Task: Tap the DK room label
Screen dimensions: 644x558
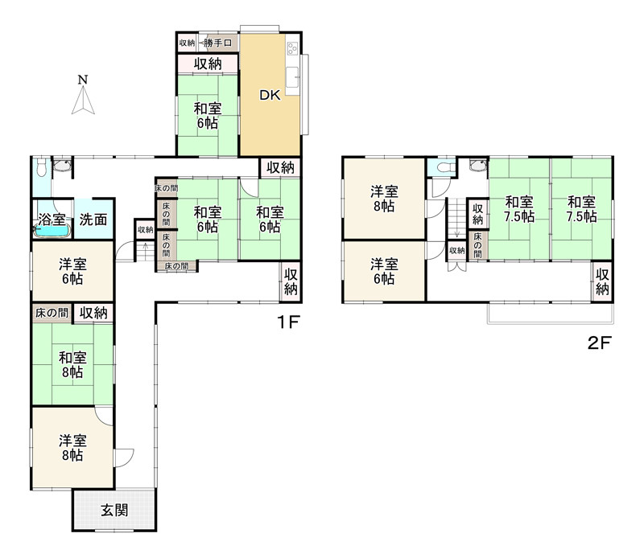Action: coord(270,95)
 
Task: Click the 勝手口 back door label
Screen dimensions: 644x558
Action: coord(218,43)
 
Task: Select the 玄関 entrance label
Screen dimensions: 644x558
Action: coord(114,511)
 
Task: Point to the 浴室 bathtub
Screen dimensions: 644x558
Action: coord(52,231)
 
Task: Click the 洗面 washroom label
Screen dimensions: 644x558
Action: coord(93,220)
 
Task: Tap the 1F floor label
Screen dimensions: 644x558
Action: coord(289,322)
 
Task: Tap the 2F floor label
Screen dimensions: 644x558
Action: coord(600,343)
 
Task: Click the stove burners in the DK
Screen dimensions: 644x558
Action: coord(292,48)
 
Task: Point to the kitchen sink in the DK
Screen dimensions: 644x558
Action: coord(292,77)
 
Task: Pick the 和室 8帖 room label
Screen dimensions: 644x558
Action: coord(72,365)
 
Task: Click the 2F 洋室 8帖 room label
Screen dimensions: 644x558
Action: coord(385,199)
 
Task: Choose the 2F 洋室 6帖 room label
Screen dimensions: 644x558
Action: coord(385,271)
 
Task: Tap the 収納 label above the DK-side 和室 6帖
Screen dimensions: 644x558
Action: coord(208,64)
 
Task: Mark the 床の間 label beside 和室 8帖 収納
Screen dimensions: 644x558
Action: coord(52,313)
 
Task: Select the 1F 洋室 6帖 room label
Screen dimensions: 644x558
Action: coord(72,271)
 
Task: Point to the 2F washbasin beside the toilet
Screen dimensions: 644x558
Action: coord(478,166)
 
